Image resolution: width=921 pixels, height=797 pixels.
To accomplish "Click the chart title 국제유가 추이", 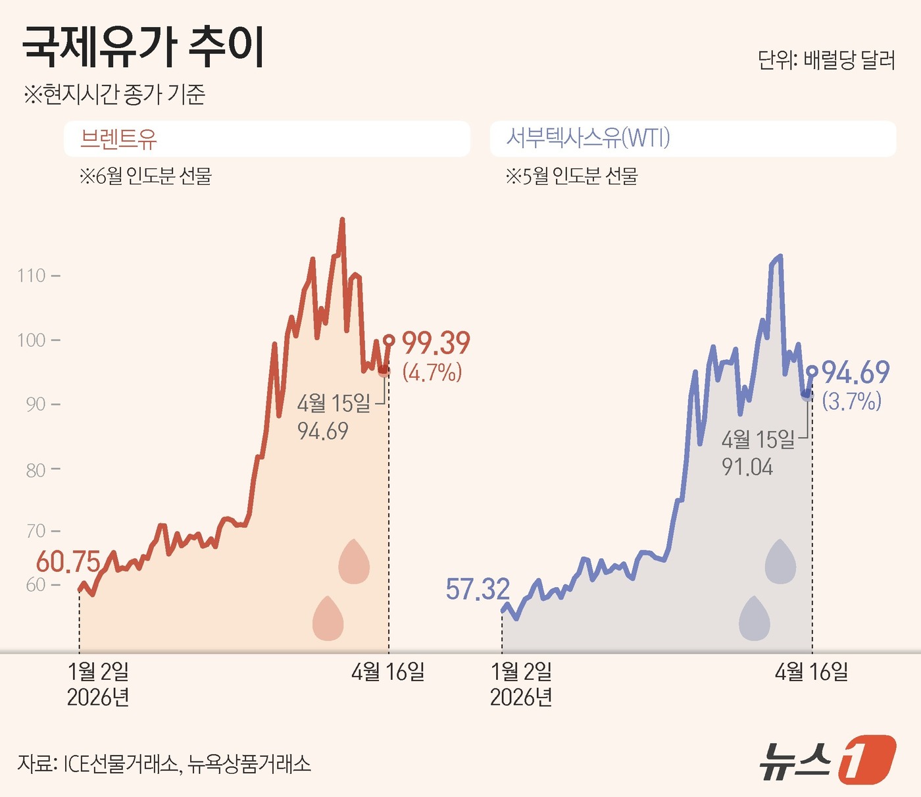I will click(143, 47).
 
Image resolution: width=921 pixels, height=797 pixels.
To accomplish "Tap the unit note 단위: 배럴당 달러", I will click(826, 60).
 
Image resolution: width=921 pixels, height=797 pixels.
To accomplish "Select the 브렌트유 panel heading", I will click(118, 139).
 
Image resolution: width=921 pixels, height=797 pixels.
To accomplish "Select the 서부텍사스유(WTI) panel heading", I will click(587, 138).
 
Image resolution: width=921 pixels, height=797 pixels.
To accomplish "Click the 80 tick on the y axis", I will click(36, 470).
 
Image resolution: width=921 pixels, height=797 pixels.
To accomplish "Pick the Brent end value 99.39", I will click(436, 343).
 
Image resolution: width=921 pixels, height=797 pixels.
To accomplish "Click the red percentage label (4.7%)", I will click(432, 373).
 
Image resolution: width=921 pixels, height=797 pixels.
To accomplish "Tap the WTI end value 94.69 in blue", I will click(855, 373).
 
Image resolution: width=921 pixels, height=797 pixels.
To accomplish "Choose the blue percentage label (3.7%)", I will click(851, 401).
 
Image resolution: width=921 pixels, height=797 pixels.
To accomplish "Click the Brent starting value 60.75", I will click(68, 561).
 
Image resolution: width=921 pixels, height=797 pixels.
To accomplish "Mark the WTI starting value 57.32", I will click(478, 589).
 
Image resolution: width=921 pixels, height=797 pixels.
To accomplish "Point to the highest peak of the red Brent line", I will click(342, 220).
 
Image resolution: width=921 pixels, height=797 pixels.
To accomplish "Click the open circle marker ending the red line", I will click(389, 340).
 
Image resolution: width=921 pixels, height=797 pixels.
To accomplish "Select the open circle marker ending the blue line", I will click(812, 371).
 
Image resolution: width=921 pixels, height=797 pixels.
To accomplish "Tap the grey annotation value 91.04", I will click(747, 467).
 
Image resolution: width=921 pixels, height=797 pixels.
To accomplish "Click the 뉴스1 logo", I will click(828, 760).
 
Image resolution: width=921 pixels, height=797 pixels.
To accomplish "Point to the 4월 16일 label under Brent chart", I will click(387, 671).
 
